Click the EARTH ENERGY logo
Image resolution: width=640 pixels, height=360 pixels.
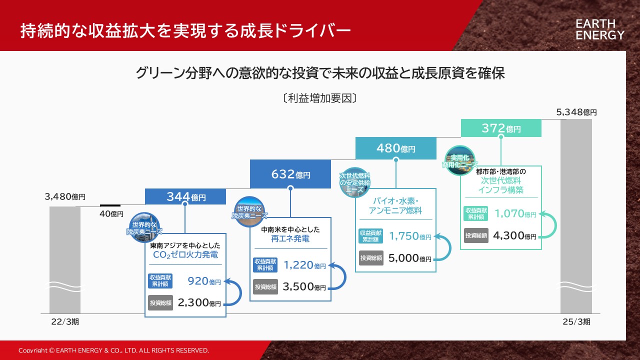click(x=599, y=29)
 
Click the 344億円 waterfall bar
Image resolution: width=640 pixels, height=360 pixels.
click(x=185, y=196)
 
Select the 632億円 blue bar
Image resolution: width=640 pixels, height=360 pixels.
click(x=290, y=174)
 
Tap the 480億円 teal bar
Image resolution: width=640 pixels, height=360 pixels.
click(x=395, y=148)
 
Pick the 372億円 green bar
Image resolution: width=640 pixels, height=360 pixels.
click(x=501, y=128)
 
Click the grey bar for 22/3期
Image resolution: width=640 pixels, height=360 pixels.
click(x=65, y=260)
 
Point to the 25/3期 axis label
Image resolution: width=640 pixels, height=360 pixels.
click(x=576, y=321)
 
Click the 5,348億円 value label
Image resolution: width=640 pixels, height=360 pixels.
click(x=576, y=112)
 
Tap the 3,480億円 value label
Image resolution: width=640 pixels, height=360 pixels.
click(x=65, y=196)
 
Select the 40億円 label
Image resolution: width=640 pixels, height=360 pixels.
click(x=111, y=213)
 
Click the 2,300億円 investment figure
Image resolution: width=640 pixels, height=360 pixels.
click(x=199, y=302)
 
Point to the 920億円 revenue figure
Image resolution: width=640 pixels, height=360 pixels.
click(x=204, y=281)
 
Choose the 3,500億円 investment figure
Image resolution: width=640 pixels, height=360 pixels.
click(x=304, y=286)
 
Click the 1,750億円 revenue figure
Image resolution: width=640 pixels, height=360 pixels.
click(x=410, y=236)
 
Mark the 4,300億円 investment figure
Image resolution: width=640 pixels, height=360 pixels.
click(x=514, y=235)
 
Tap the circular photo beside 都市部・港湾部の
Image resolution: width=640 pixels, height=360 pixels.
click(x=459, y=160)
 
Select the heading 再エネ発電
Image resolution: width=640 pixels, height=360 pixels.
click(x=290, y=238)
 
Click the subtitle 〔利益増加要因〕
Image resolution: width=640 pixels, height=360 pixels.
click(x=319, y=98)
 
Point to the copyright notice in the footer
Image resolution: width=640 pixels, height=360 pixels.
click(x=113, y=350)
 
